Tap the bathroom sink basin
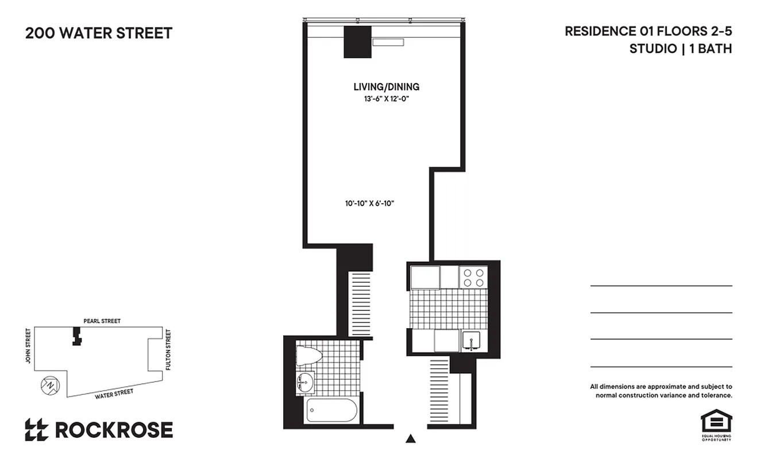[306, 382]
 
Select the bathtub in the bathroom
[332, 410]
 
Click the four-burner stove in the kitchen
[473, 278]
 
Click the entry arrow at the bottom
[411, 439]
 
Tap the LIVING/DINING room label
[386, 87]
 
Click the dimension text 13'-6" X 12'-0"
[385, 99]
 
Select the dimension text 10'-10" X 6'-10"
[369, 203]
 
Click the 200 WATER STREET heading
[99, 33]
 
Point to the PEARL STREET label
[102, 321]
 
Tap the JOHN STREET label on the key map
[27, 346]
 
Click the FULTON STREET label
[168, 349]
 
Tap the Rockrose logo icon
[36, 430]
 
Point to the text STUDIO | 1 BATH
[681, 49]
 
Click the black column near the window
[357, 42]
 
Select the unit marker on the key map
[76, 336]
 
